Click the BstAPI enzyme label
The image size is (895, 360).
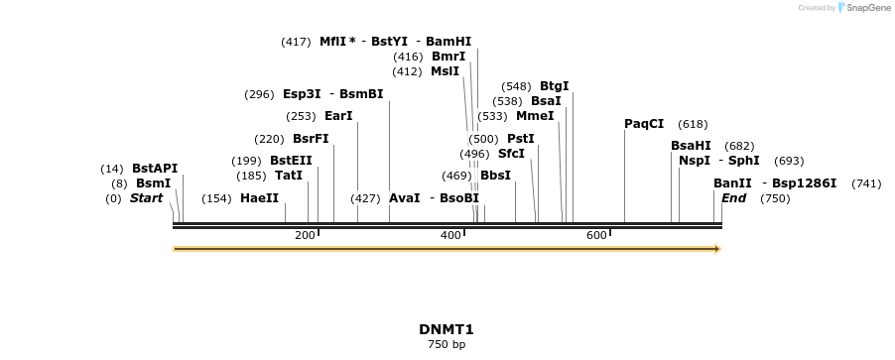(155, 169)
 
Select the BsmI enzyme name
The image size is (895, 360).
(154, 183)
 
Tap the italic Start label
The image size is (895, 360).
(146, 198)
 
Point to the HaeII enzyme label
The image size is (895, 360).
(259, 198)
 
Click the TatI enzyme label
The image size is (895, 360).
(289, 176)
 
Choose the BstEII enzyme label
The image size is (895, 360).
(291, 161)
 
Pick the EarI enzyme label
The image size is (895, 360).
(338, 116)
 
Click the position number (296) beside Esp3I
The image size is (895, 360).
(258, 94)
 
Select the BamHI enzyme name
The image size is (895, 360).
(449, 42)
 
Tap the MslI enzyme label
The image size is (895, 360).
(445, 71)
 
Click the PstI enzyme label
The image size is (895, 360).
(521, 139)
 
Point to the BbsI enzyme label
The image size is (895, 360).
(495, 176)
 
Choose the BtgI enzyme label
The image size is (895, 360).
(555, 86)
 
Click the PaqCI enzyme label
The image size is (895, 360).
(644, 124)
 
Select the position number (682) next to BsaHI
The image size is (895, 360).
(739, 146)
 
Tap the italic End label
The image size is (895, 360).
(733, 198)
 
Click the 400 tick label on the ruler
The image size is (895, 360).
(450, 235)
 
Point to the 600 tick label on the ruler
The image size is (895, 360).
(596, 235)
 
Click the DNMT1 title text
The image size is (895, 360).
(447, 329)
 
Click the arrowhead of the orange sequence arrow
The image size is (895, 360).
(716, 249)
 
